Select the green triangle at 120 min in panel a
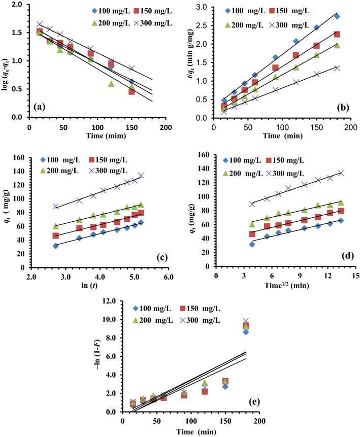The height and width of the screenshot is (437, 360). [x=111, y=84]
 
